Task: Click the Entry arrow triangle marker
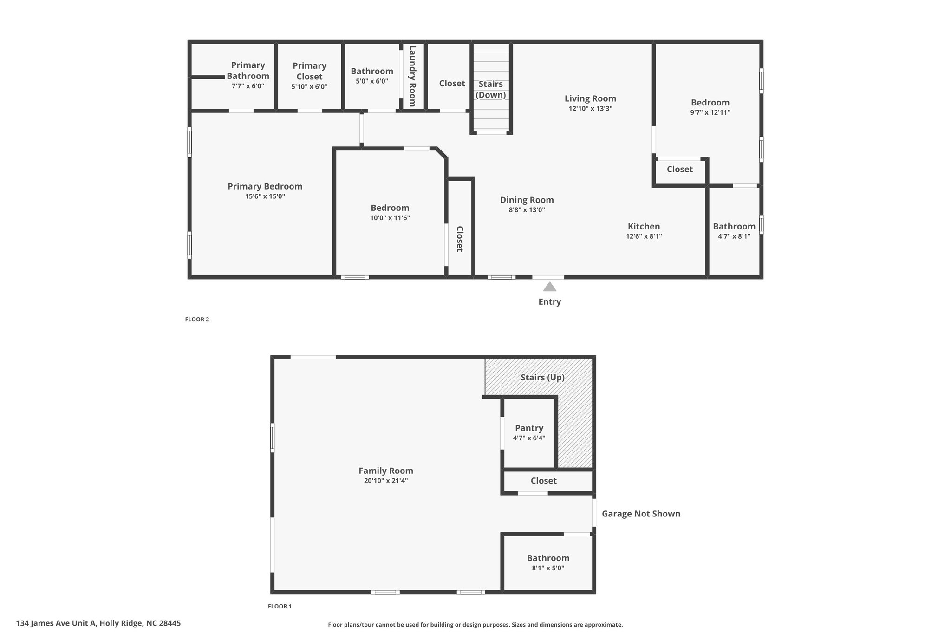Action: (x=549, y=287)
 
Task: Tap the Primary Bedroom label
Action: (x=265, y=186)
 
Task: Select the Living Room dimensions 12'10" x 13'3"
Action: (x=590, y=109)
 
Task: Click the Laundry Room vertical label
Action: (x=412, y=76)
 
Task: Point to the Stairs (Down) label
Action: (x=490, y=89)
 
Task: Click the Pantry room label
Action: (x=529, y=428)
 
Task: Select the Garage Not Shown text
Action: (x=641, y=514)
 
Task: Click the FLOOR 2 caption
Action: (x=197, y=320)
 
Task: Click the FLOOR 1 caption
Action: (x=280, y=606)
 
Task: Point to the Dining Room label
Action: (x=527, y=200)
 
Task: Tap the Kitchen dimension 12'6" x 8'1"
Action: (x=644, y=236)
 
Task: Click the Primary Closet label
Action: (x=309, y=71)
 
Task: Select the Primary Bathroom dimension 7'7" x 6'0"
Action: (x=248, y=86)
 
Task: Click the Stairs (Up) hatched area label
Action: (x=542, y=377)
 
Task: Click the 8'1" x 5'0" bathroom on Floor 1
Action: (x=548, y=562)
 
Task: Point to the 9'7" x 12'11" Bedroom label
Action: (x=710, y=103)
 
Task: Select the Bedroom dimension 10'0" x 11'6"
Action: (x=390, y=218)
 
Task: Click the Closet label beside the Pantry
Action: (x=543, y=481)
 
